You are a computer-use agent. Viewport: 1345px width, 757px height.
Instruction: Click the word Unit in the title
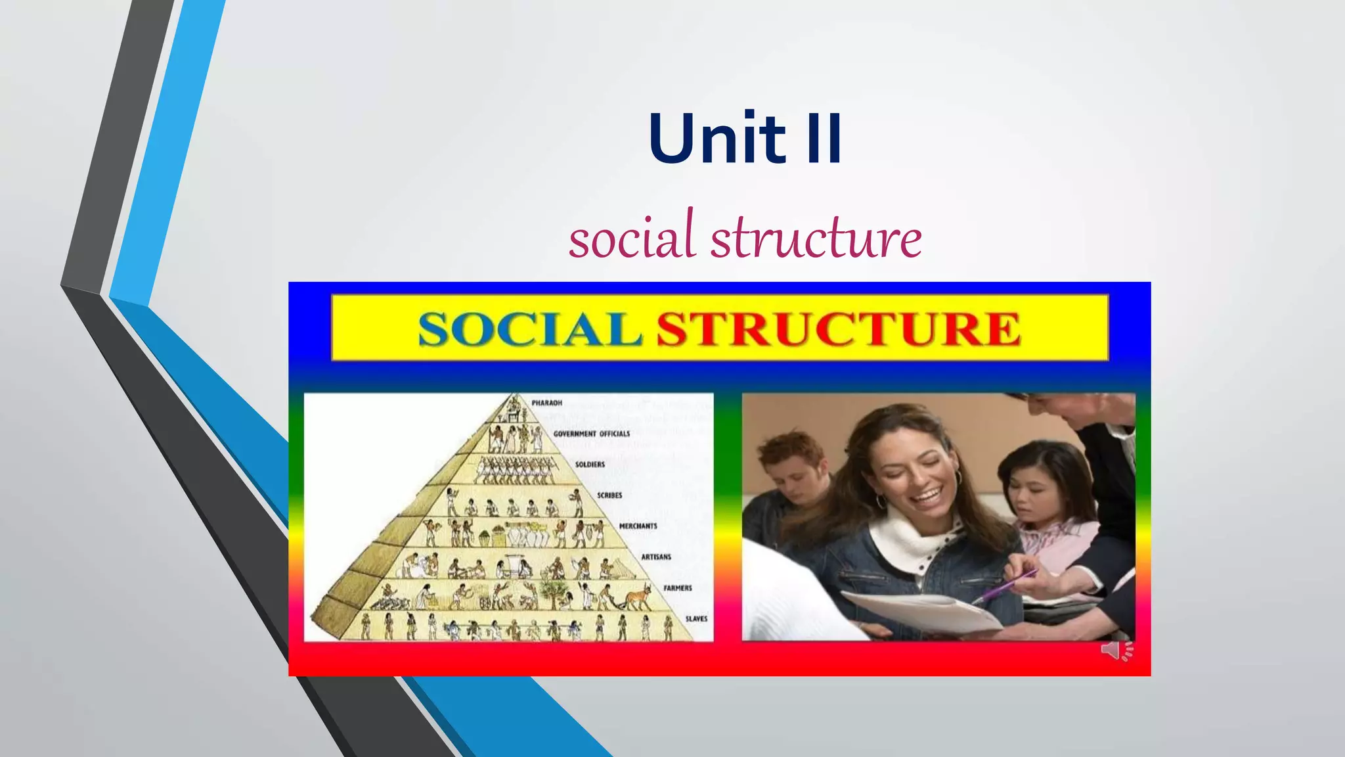coord(717,139)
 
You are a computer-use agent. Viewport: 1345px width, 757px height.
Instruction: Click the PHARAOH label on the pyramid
coord(546,403)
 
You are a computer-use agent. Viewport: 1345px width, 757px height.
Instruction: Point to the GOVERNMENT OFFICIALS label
coord(591,434)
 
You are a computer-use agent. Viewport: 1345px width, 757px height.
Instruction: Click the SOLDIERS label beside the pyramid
coord(590,465)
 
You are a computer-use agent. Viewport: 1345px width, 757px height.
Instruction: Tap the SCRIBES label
coord(609,495)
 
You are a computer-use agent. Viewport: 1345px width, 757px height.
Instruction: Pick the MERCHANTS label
coord(638,526)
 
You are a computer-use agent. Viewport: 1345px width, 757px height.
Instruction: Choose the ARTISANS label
coord(656,557)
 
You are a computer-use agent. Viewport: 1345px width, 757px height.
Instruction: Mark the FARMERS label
coord(677,588)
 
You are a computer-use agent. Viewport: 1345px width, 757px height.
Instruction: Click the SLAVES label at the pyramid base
coord(696,619)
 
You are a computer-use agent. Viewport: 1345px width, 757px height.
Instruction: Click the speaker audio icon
coord(1115,651)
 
